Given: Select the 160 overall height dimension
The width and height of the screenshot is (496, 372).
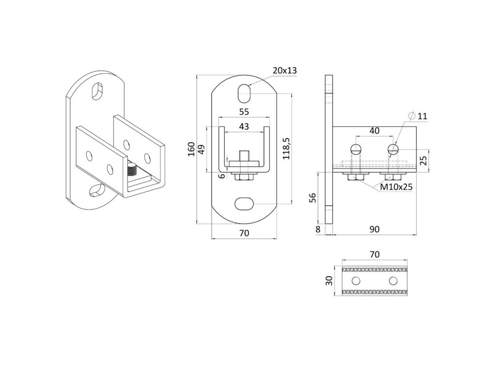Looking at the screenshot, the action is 191,149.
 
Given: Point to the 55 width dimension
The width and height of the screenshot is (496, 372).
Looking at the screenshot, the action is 244,111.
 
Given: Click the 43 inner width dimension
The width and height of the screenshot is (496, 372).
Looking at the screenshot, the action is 244,126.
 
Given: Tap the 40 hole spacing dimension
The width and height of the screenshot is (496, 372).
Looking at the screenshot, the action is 374,131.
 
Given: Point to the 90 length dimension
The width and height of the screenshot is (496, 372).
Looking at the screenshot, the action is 374,230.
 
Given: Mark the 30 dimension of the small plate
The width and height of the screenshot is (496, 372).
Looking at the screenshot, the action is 328,281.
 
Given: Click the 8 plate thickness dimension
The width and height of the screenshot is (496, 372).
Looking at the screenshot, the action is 318,230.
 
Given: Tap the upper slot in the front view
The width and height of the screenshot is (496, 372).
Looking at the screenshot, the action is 245,93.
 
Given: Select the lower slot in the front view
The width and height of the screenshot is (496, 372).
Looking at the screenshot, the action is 245,204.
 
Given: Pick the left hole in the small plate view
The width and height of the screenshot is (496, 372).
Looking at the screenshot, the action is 356,281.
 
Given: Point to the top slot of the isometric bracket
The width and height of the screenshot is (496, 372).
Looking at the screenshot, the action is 98,91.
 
